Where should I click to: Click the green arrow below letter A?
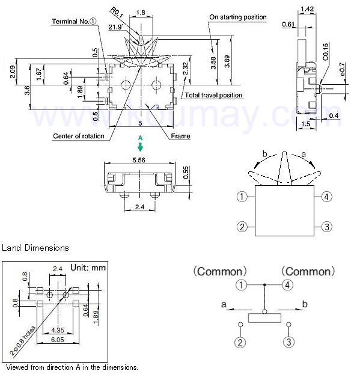140,147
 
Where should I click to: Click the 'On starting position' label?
237,17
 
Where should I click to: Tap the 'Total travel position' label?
213,95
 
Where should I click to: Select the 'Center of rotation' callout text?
79,136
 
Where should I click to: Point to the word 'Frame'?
180,136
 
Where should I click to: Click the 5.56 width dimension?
139,160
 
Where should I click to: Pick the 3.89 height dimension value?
227,61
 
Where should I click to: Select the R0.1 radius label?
117,13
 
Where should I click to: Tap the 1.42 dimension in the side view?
307,9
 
